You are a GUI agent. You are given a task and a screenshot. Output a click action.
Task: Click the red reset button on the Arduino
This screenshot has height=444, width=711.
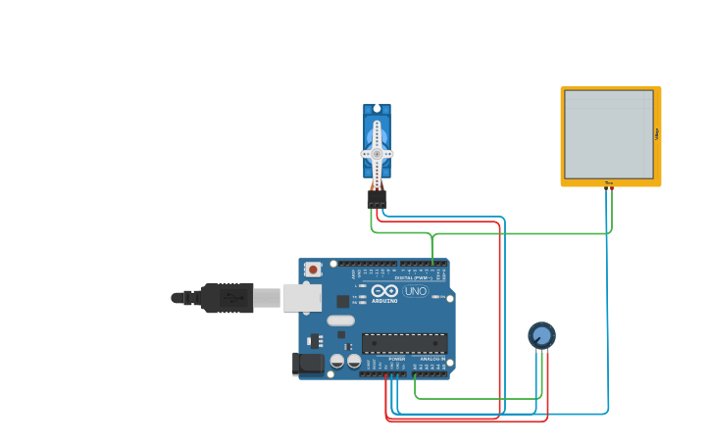click(x=313, y=269)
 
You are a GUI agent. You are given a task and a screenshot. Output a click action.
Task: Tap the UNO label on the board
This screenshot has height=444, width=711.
click(x=416, y=291)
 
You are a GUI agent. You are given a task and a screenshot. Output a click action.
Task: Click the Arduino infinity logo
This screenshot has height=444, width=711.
click(x=384, y=291)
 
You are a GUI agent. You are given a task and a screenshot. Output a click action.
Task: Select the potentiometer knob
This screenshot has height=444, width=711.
click(x=541, y=335)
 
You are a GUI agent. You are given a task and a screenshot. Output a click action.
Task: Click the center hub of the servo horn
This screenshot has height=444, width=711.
click(x=377, y=154)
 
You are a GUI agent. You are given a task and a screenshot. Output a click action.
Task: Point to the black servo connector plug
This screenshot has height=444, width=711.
click(x=377, y=198)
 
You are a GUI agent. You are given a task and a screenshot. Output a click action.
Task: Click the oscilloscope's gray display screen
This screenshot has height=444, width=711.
click(x=608, y=134)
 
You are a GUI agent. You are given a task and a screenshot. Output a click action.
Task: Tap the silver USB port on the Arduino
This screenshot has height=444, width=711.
click(x=301, y=298)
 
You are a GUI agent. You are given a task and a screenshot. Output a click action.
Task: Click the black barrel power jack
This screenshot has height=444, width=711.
click(x=307, y=364)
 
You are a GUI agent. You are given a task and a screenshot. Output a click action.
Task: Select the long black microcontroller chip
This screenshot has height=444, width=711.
click(x=404, y=343)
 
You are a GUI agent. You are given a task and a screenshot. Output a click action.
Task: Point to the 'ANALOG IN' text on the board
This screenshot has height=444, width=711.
click(x=431, y=360)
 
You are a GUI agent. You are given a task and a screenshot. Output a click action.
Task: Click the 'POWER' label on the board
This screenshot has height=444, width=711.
click(x=396, y=360)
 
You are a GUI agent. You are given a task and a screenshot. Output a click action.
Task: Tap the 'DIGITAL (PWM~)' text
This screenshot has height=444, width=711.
click(x=411, y=278)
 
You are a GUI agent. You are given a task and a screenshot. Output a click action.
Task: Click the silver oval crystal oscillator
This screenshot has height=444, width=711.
click(x=340, y=321)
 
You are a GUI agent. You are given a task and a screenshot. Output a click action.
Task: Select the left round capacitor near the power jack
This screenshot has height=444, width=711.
click(x=336, y=361)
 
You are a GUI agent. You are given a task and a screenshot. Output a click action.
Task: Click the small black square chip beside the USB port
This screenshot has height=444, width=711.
click(x=342, y=301)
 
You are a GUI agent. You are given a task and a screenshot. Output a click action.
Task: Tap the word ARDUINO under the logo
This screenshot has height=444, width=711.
click(x=384, y=300)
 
